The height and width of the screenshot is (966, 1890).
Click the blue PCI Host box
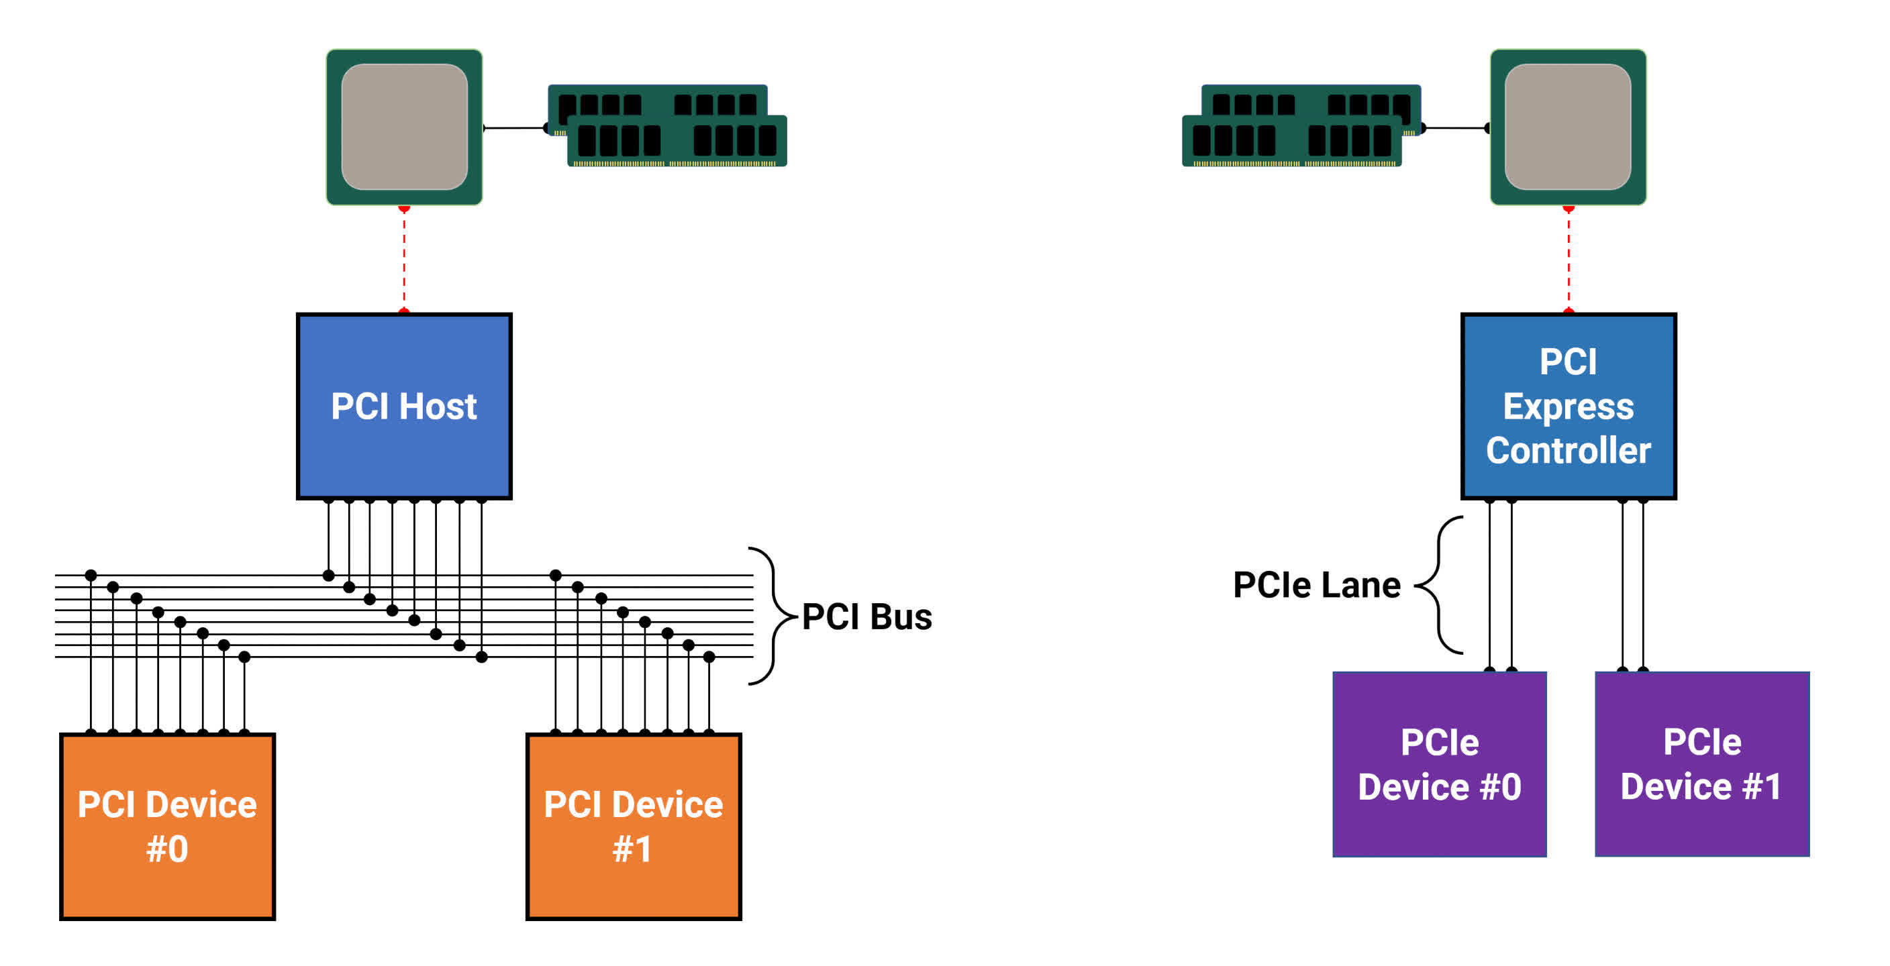tap(403, 407)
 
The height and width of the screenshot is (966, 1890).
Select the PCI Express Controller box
tap(1568, 407)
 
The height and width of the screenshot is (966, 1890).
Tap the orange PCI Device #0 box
tap(167, 826)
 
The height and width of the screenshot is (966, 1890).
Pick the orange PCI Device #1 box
tap(633, 826)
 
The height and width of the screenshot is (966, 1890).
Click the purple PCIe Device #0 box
tap(1439, 763)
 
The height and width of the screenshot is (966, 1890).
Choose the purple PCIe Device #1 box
tap(1701, 763)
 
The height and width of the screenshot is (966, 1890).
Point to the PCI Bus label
tap(866, 616)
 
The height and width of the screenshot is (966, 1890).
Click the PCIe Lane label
tap(1316, 584)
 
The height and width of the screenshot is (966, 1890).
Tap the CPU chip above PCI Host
tap(403, 127)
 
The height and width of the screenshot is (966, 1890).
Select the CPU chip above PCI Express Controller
tap(1568, 127)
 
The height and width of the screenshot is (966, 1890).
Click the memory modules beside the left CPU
tap(667, 125)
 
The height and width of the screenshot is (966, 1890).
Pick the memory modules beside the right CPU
tap(1301, 125)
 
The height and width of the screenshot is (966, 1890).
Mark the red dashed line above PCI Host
tap(403, 260)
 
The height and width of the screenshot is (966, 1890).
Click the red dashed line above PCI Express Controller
tap(1568, 260)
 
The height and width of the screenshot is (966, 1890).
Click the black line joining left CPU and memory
tap(515, 127)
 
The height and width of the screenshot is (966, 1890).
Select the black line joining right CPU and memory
tap(1456, 127)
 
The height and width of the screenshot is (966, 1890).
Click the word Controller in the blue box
tap(1568, 449)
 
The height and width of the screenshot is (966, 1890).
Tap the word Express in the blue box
tap(1568, 407)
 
